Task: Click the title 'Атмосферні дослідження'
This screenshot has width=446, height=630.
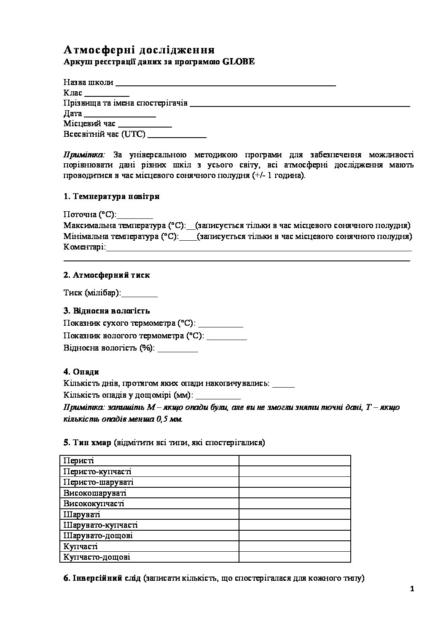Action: pyautogui.click(x=139, y=50)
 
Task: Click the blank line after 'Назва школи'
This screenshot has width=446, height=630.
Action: pyautogui.click(x=225, y=83)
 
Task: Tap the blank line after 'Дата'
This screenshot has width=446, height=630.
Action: pyautogui.click(x=120, y=114)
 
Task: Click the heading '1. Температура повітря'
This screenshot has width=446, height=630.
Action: pyautogui.click(x=111, y=197)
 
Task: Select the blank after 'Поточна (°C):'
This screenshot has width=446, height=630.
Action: pyautogui.click(x=135, y=215)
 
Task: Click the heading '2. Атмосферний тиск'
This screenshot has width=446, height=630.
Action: pyautogui.click(x=107, y=275)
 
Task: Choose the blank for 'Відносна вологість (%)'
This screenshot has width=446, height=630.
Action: pyautogui.click(x=177, y=348)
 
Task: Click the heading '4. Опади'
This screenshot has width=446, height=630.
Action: pyautogui.click(x=81, y=372)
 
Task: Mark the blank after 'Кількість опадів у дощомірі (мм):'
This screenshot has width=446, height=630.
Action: pyautogui.click(x=218, y=396)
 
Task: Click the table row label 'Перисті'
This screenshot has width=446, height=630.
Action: pyautogui.click(x=78, y=461)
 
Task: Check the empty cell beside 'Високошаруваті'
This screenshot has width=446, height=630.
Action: pyautogui.click(x=295, y=493)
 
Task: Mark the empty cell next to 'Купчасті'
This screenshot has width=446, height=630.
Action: pyautogui.click(x=295, y=546)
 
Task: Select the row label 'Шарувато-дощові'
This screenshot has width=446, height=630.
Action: pyautogui.click(x=98, y=536)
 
